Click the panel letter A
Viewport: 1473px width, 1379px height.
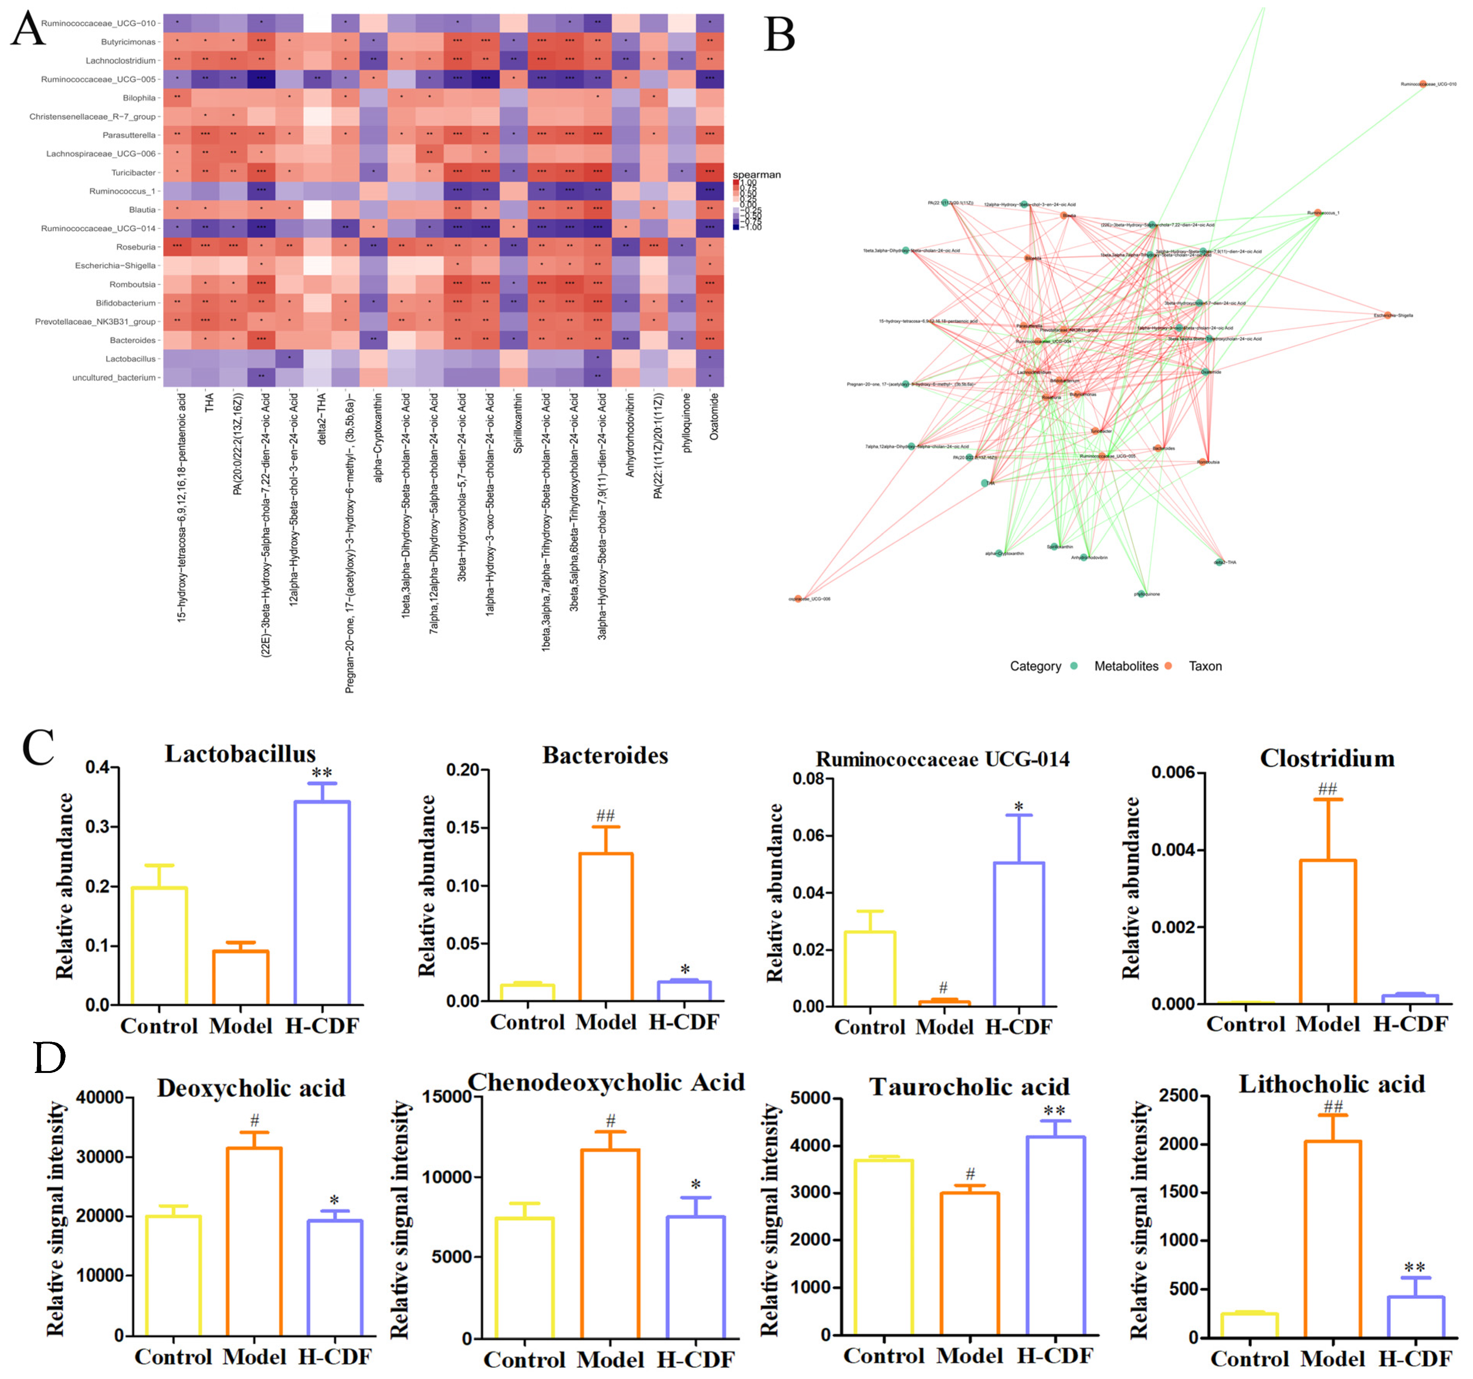28,30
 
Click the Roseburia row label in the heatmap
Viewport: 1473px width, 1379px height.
136,247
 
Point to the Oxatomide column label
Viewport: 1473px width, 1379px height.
714,416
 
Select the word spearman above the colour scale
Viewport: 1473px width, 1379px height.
756,175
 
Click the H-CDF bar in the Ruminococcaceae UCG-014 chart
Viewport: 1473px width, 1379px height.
1019,934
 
